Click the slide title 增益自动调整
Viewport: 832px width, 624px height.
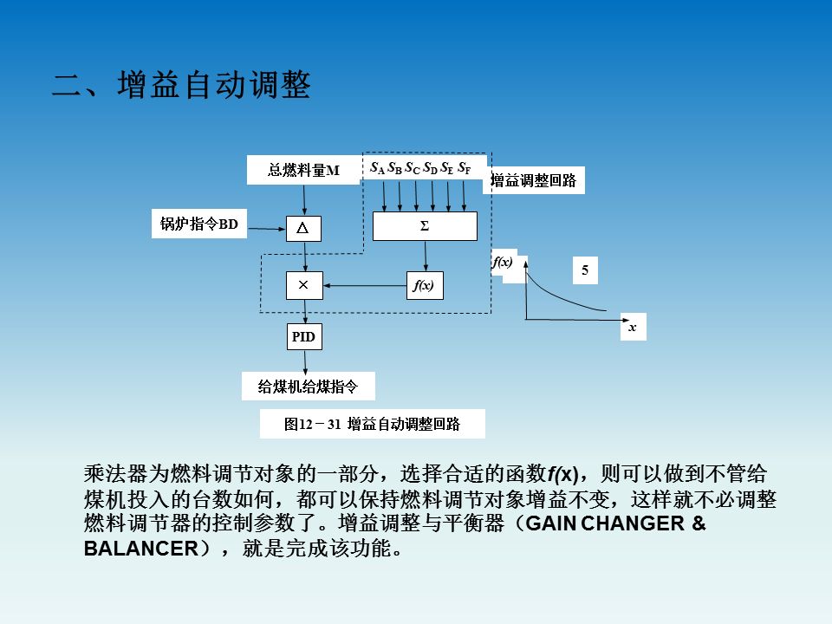181,87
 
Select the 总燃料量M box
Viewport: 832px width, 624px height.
303,171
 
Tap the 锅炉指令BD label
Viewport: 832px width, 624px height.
198,224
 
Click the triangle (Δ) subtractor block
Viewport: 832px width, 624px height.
303,228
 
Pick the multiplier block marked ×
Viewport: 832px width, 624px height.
303,285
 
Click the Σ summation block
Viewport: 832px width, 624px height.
425,226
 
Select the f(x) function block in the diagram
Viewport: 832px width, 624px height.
425,285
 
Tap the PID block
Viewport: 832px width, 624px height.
303,337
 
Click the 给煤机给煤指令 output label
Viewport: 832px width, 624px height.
308,387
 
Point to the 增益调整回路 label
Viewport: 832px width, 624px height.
533,181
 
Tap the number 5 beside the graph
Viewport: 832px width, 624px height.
585,270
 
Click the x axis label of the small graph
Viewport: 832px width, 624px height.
633,328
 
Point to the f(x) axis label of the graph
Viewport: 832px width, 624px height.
503,261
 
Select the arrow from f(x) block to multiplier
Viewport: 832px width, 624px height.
364,285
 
